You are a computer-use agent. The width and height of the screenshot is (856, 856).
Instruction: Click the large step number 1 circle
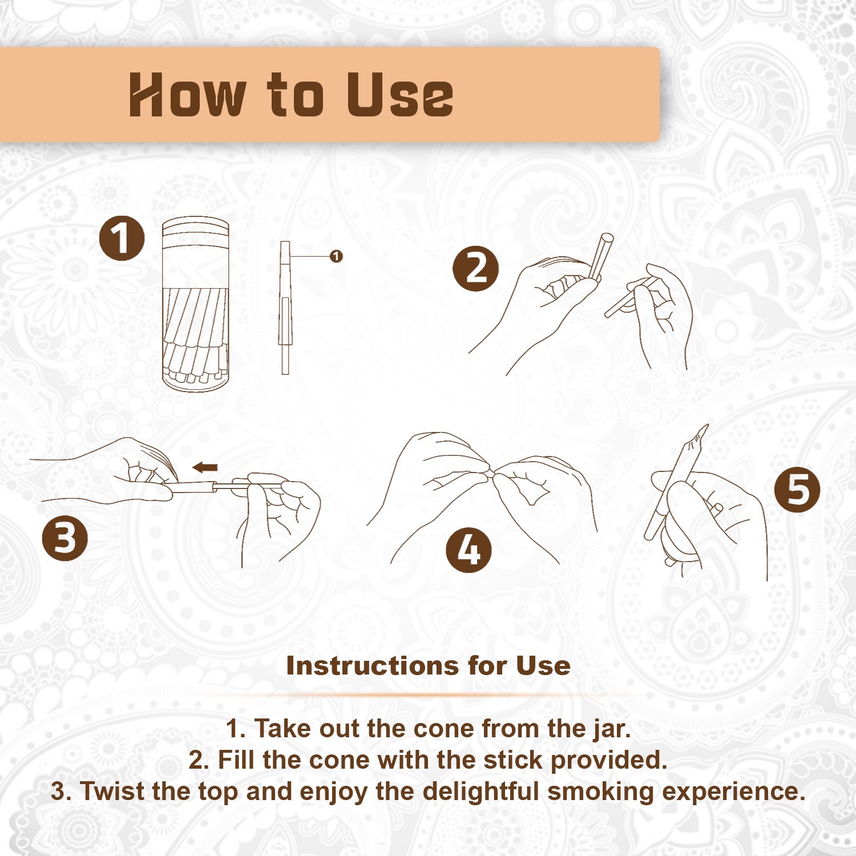click(122, 238)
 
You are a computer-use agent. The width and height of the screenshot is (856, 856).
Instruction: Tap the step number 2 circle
click(475, 269)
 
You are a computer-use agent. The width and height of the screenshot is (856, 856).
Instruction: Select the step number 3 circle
click(65, 538)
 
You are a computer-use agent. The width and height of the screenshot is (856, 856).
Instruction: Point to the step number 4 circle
click(469, 550)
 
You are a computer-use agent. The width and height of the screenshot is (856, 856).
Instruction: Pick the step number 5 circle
click(797, 490)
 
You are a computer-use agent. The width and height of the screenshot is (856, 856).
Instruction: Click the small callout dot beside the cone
click(336, 256)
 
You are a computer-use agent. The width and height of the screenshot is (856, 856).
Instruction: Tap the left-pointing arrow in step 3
click(205, 468)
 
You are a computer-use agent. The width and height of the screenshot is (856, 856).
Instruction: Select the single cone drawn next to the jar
click(285, 308)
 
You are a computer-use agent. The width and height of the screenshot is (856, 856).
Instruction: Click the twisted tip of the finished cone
click(700, 435)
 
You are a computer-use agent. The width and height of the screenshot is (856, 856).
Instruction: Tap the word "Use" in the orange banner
click(400, 95)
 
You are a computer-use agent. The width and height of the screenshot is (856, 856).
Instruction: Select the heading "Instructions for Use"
click(428, 665)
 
